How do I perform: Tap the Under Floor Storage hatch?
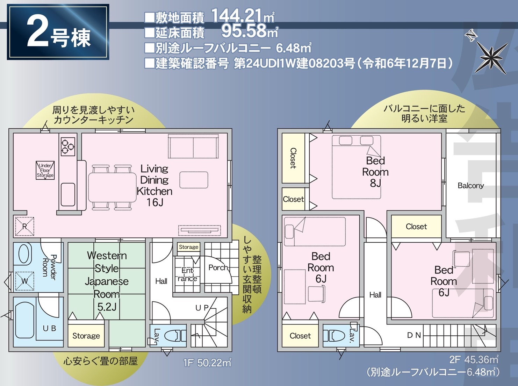(45, 170)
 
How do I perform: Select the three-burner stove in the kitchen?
(68, 147)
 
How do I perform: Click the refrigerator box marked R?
(24, 227)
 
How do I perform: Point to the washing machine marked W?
(24, 281)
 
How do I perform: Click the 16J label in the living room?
(154, 202)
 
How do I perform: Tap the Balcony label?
(470, 186)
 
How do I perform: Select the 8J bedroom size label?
(375, 183)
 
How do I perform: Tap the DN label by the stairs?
(414, 335)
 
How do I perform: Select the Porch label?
(218, 267)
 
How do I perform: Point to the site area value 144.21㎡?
(243, 16)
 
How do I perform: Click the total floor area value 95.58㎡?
(250, 31)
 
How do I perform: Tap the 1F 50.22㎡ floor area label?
(207, 363)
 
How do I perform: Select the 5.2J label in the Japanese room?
(107, 307)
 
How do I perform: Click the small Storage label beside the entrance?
(188, 247)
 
